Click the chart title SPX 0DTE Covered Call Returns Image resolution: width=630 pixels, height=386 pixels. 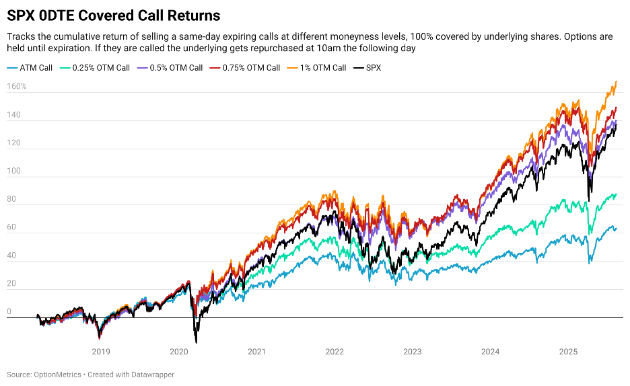pos(113,14)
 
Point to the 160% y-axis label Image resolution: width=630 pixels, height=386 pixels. pos(17,87)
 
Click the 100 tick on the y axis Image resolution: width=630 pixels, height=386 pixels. pos(13,171)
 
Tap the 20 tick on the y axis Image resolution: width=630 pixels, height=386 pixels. pos(11,284)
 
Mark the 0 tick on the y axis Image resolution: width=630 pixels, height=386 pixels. pos(9,312)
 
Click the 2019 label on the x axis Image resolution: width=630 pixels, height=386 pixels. pos(100,351)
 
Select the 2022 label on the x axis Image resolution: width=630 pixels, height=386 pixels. pos(335,351)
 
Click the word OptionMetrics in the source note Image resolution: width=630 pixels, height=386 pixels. pos(57,375)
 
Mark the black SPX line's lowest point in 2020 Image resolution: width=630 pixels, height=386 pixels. pos(196,342)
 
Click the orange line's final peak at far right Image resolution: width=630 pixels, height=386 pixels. pos(616,82)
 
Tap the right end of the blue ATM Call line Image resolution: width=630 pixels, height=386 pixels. pos(616,228)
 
